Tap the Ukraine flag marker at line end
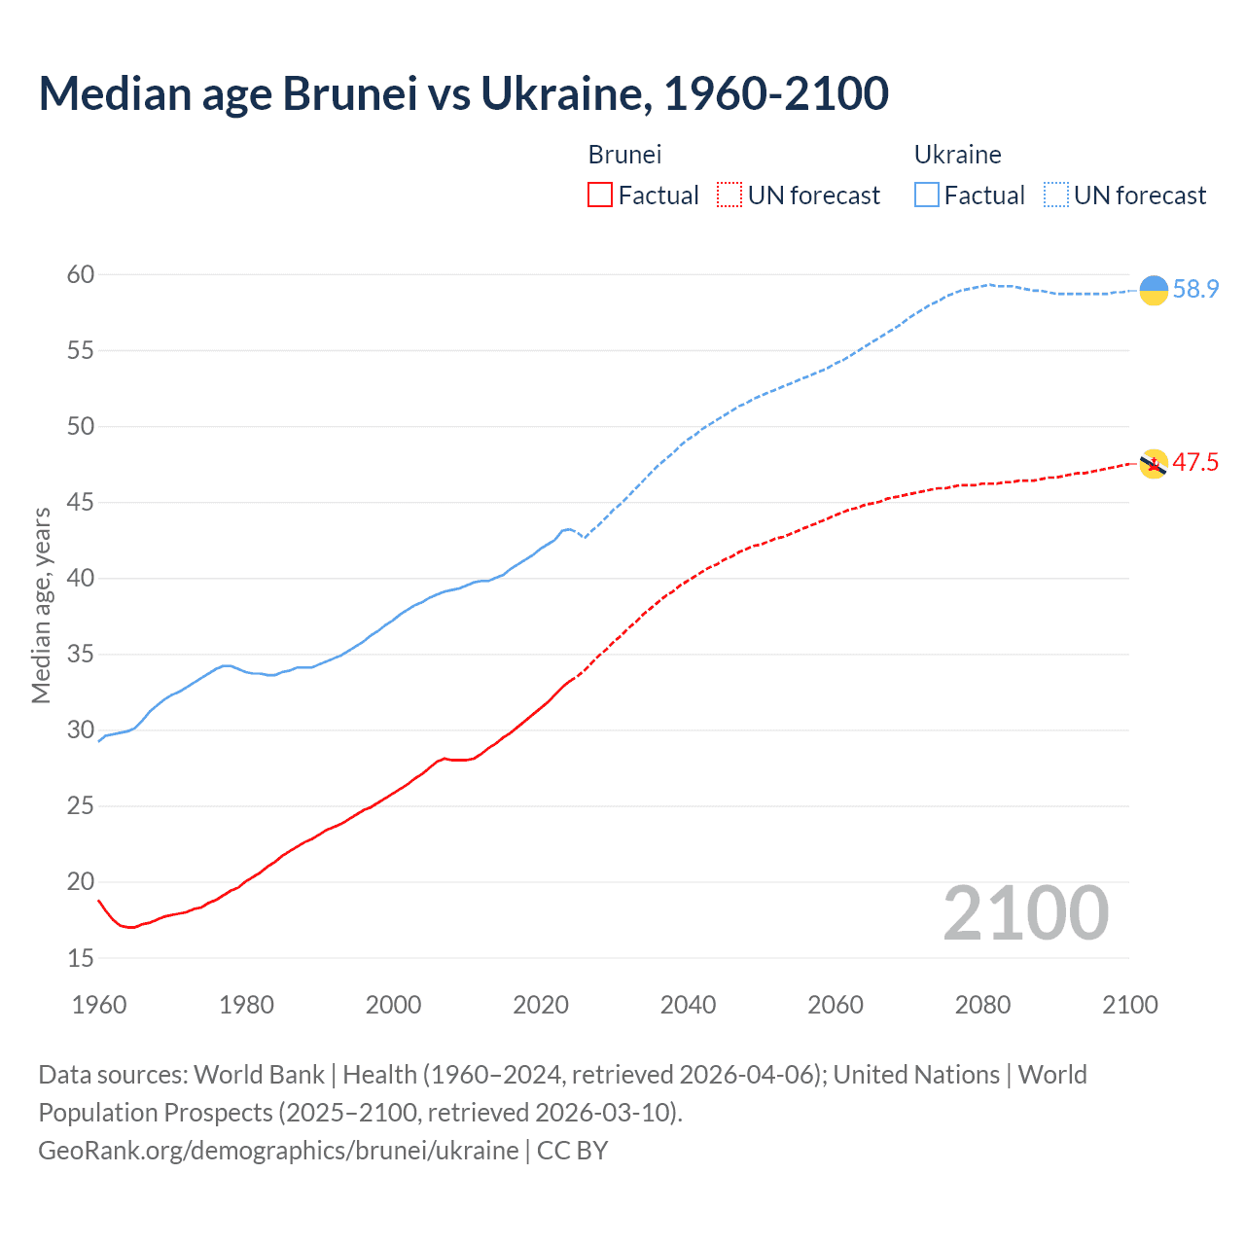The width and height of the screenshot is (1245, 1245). (x=1153, y=290)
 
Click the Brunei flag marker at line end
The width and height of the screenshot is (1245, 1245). (x=1153, y=464)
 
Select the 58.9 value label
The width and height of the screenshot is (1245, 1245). (x=1195, y=290)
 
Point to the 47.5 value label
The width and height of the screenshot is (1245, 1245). (x=1195, y=462)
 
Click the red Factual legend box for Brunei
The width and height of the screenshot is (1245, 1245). (x=600, y=196)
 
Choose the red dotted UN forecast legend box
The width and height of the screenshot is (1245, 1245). (x=729, y=196)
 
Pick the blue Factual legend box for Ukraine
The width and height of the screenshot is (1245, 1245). (x=927, y=196)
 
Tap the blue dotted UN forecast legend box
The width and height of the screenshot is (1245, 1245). (x=1056, y=196)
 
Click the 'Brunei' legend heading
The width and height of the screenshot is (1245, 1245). (x=624, y=155)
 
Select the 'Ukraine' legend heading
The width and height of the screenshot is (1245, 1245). (x=957, y=155)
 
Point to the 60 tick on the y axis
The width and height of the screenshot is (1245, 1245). (x=81, y=275)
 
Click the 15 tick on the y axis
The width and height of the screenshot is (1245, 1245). (x=81, y=958)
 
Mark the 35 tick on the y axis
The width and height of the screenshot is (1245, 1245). (x=81, y=655)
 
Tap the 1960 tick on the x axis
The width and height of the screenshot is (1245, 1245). (x=99, y=1005)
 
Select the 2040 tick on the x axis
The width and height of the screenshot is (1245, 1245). (x=688, y=1005)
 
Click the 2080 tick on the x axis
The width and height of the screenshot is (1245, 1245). (x=982, y=1005)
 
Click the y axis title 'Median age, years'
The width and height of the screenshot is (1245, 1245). (x=41, y=605)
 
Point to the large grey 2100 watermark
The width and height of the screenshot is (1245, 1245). (x=1025, y=913)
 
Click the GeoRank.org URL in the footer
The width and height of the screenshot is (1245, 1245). (x=278, y=1151)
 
